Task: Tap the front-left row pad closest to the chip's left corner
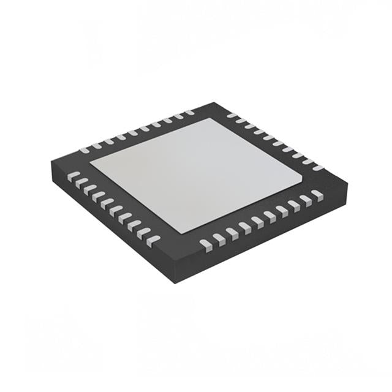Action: [x=73, y=176]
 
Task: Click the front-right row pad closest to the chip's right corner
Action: [x=317, y=194]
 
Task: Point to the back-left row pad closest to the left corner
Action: [x=85, y=149]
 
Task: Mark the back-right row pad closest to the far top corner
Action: [x=232, y=115]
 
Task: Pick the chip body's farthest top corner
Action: [x=214, y=102]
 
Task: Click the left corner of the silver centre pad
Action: [x=91, y=162]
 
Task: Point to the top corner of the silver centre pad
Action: [x=211, y=118]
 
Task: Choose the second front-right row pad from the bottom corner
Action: [x=219, y=238]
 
